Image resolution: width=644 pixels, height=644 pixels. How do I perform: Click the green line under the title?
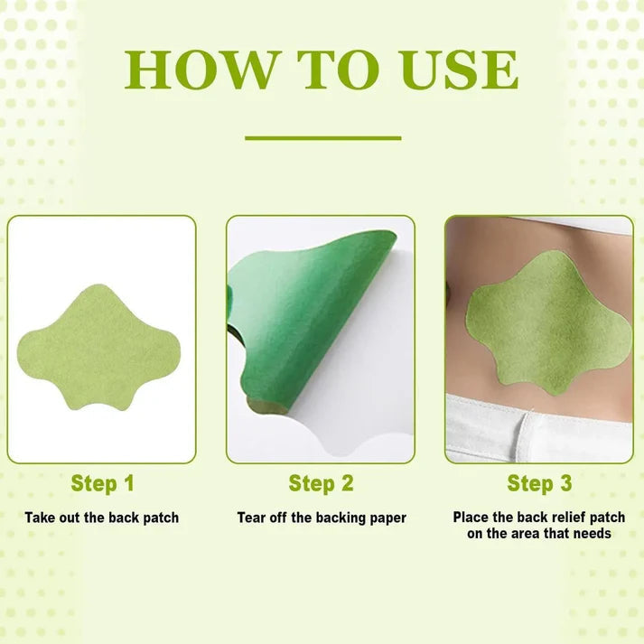[322, 138]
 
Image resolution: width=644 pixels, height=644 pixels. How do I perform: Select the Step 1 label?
[102, 483]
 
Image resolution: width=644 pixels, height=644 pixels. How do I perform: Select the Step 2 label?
[321, 483]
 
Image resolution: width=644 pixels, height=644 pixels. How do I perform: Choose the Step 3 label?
[539, 483]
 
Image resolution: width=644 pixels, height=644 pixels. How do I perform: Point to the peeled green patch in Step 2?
[307, 325]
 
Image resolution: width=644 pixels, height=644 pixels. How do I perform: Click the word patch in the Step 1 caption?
[161, 518]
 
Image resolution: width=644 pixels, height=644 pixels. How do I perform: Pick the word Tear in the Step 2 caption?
[252, 518]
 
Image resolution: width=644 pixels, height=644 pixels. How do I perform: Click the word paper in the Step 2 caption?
[387, 518]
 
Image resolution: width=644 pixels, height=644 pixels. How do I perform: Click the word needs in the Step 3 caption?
[591, 534]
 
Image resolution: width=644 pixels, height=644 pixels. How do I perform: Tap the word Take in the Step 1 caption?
[41, 518]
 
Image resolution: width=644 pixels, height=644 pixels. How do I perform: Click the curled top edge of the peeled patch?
[379, 239]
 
